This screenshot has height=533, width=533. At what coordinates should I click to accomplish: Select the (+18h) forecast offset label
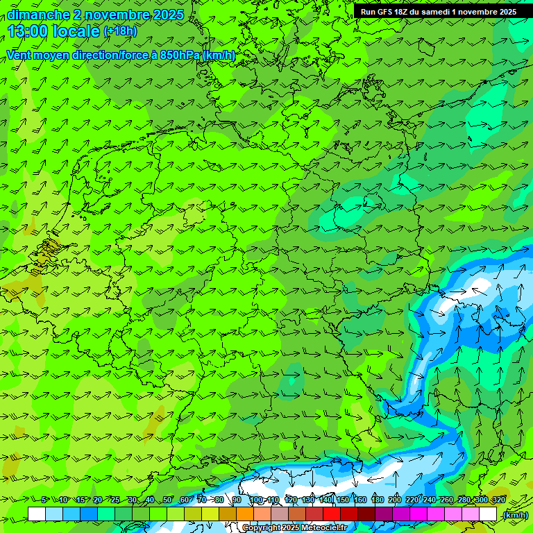click(120, 31)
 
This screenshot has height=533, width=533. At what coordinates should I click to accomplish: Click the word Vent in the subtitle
click(20, 55)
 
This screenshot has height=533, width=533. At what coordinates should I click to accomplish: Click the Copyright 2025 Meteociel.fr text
click(294, 528)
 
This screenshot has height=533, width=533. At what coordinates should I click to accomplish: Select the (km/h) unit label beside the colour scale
click(515, 515)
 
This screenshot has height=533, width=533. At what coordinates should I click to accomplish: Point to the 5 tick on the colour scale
click(44, 500)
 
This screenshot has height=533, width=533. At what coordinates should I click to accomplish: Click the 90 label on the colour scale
click(237, 500)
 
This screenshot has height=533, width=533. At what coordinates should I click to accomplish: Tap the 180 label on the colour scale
click(377, 500)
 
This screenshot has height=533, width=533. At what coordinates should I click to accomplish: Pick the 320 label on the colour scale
click(499, 500)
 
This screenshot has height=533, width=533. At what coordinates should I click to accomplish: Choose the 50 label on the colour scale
click(167, 500)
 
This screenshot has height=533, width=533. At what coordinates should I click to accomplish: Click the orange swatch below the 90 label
click(245, 514)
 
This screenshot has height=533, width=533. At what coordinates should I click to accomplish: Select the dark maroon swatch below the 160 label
click(366, 514)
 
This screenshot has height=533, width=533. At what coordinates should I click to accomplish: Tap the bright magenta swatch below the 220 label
click(418, 514)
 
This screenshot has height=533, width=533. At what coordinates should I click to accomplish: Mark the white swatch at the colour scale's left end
click(37, 514)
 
